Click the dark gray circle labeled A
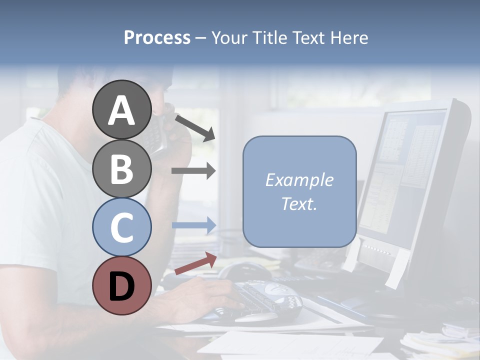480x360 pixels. pos(121,109)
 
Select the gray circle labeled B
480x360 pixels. pos(121,168)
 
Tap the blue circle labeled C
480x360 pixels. pos(121,227)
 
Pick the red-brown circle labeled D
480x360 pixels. pos(121,285)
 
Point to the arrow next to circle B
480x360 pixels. pos(193,171)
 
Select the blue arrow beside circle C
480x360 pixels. pos(193,225)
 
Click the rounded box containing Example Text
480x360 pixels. pos(299,191)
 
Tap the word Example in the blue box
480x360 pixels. pos(299,180)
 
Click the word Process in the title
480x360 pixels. pos(157,37)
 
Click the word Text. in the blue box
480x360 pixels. pos(299,203)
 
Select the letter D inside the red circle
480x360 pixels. pos(121,286)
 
